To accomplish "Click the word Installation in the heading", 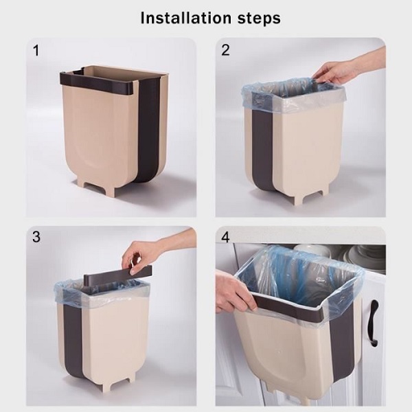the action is (186, 18).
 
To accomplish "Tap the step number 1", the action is (36, 51).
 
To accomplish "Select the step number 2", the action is (225, 50).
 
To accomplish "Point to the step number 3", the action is (36, 237).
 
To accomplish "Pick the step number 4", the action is (225, 237).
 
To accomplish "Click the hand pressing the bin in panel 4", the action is (235, 293).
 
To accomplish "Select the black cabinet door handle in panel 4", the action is (374, 323).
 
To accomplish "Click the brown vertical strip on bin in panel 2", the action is (263, 147).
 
